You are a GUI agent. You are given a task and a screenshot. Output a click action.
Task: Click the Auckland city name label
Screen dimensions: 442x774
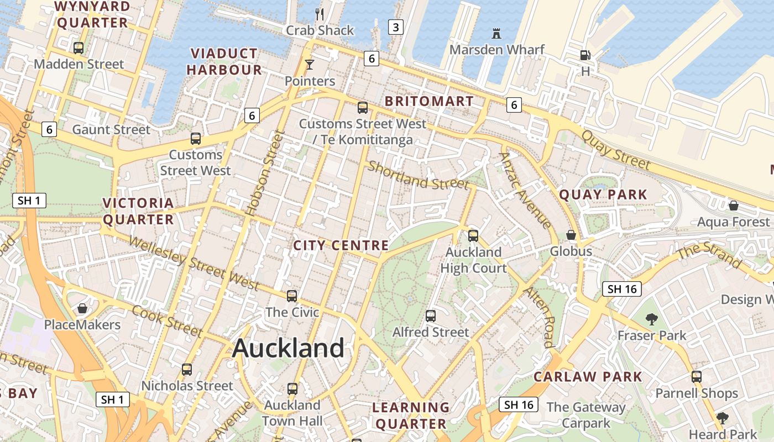click(288, 348)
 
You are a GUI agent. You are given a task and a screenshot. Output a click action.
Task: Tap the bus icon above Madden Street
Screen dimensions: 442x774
click(79, 48)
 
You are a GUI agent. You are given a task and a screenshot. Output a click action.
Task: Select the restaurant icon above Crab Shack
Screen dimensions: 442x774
click(319, 14)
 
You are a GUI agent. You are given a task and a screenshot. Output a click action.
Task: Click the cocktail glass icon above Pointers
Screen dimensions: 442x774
click(310, 65)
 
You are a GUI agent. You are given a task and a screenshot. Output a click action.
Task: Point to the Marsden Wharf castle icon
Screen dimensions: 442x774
click(496, 34)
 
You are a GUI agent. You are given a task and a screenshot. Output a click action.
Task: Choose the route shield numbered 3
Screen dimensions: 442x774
click(395, 27)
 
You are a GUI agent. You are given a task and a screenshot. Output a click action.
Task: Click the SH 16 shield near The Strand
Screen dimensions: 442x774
click(622, 289)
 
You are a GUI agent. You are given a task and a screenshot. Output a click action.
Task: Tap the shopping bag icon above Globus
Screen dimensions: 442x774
click(571, 235)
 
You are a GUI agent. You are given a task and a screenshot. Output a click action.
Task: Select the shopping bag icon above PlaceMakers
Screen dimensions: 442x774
click(82, 308)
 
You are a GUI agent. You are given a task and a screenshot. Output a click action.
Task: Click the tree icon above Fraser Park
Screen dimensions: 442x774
click(652, 319)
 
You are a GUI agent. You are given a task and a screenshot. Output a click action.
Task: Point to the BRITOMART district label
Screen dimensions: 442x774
click(429, 102)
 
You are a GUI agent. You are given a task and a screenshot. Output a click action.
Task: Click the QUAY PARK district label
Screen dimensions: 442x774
click(603, 194)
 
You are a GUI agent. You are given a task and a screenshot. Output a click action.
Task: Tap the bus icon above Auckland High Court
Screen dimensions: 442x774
click(473, 236)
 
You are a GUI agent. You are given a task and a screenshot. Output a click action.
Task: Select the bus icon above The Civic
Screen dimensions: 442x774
click(292, 296)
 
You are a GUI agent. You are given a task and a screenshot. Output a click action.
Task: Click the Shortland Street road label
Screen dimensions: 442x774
click(419, 175)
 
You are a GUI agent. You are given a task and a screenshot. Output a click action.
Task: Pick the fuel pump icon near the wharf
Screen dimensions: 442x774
click(585, 55)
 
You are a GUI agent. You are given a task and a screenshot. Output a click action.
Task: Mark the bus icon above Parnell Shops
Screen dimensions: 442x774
click(697, 377)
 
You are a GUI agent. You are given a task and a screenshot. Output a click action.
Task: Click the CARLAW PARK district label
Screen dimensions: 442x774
click(588, 377)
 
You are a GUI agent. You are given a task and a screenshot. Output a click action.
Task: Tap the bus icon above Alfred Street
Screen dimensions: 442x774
click(431, 316)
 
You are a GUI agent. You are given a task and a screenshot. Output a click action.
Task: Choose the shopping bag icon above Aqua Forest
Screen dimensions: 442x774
click(734, 206)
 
